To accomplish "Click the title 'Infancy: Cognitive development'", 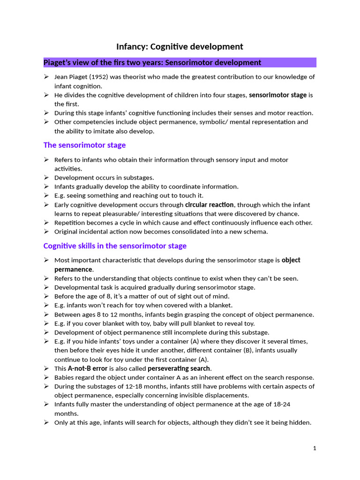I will [180, 46].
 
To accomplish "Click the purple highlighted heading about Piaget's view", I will [152, 63].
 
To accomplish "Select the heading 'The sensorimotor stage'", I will [84, 145].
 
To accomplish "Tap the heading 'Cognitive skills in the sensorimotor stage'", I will [115, 246].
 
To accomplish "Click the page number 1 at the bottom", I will [315, 448].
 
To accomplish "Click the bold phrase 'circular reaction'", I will [209, 205].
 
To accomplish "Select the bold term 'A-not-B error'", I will [88, 368].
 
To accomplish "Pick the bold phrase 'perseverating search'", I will [179, 368].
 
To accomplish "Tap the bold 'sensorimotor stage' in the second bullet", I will [277, 95].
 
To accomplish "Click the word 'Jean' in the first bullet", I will [61, 77].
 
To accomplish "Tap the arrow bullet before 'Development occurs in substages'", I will [46, 178].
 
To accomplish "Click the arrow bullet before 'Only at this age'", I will [46, 422].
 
